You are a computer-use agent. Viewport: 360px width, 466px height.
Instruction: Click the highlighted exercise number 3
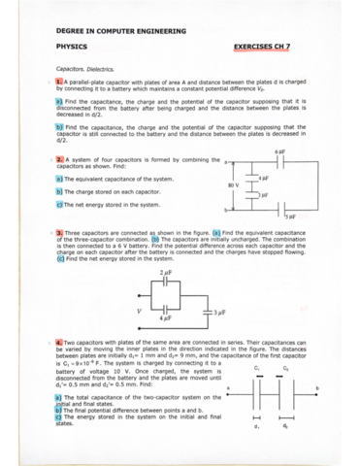tap(60, 234)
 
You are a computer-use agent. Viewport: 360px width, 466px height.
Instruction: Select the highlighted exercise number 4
tap(60, 343)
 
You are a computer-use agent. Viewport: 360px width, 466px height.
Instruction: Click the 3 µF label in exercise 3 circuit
tap(222, 314)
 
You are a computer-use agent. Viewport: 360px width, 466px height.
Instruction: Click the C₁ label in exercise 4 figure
tap(255, 369)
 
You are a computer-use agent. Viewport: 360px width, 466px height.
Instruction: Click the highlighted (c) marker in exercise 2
tap(60, 204)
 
